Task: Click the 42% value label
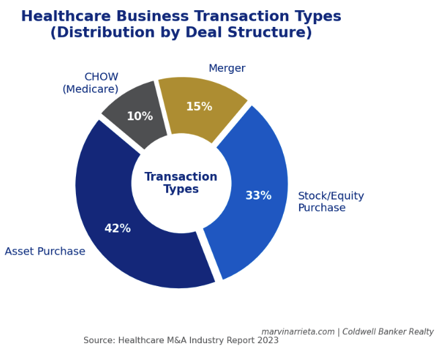(x=118, y=229)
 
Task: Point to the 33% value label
(x=258, y=196)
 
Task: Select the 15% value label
(x=199, y=107)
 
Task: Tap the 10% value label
(x=140, y=117)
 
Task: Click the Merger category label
(x=227, y=69)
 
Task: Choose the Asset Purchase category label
(x=45, y=252)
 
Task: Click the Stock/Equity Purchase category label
(x=331, y=202)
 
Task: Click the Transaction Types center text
(x=181, y=183)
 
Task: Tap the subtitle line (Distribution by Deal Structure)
(x=181, y=33)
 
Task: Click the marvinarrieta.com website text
(x=298, y=332)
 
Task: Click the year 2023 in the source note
(x=268, y=341)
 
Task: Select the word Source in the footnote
(x=97, y=341)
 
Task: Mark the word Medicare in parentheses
(x=91, y=89)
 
